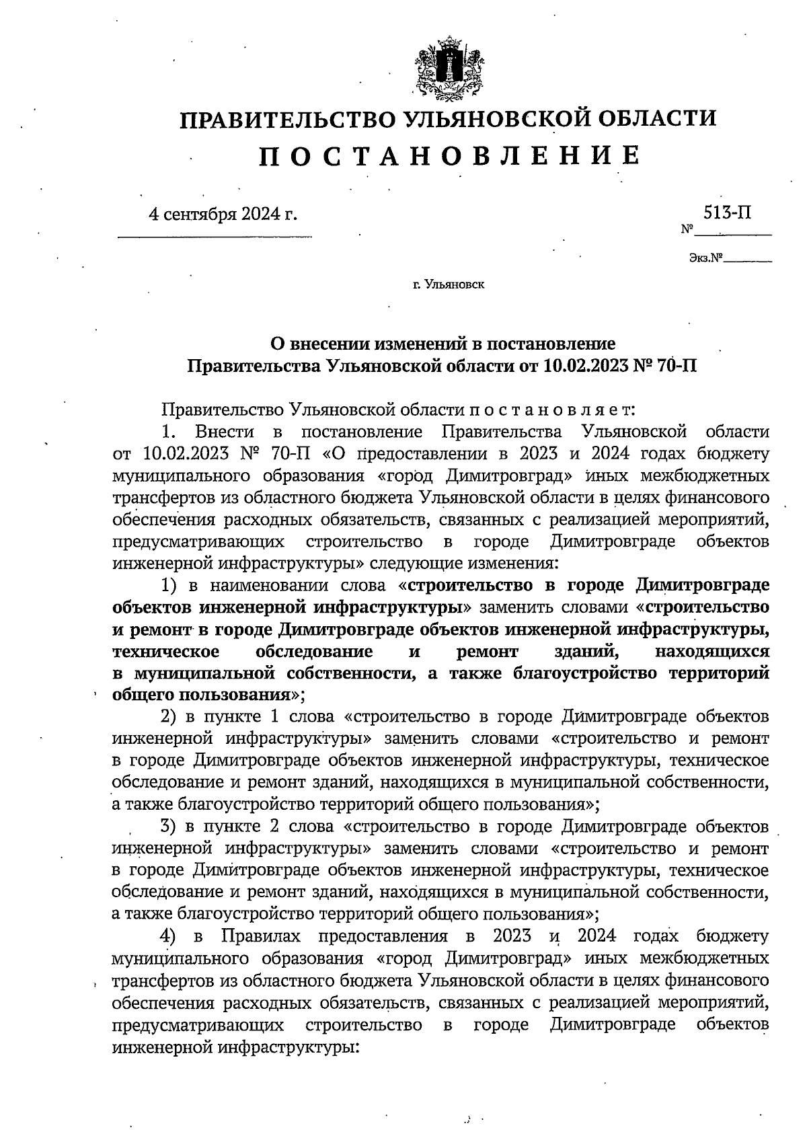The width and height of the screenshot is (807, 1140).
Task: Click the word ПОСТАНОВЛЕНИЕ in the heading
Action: (x=449, y=155)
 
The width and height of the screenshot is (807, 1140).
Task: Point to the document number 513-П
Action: (x=728, y=213)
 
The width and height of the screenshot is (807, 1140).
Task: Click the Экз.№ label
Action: (x=705, y=258)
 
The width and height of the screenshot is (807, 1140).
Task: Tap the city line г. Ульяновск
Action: (x=449, y=285)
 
